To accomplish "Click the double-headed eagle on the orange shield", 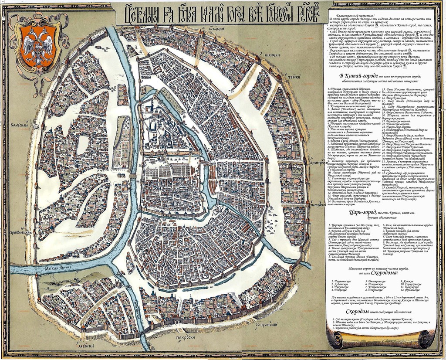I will coord(38,44).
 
